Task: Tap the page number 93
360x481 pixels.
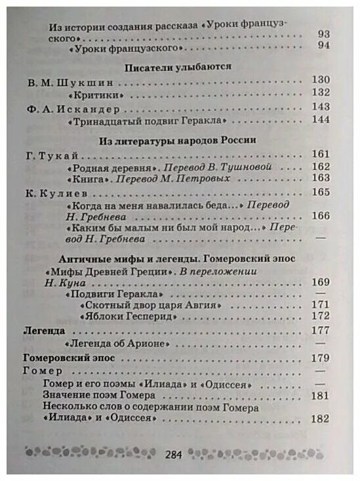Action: click(x=323, y=34)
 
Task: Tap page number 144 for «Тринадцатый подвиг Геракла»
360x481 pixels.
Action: click(x=321, y=119)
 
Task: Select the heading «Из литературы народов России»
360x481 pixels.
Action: click(x=177, y=140)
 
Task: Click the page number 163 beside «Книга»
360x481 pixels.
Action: click(x=320, y=178)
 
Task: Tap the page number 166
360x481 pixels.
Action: click(x=320, y=215)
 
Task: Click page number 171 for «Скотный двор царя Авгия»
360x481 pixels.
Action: click(x=320, y=305)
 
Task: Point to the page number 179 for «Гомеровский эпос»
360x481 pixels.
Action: click(x=320, y=358)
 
